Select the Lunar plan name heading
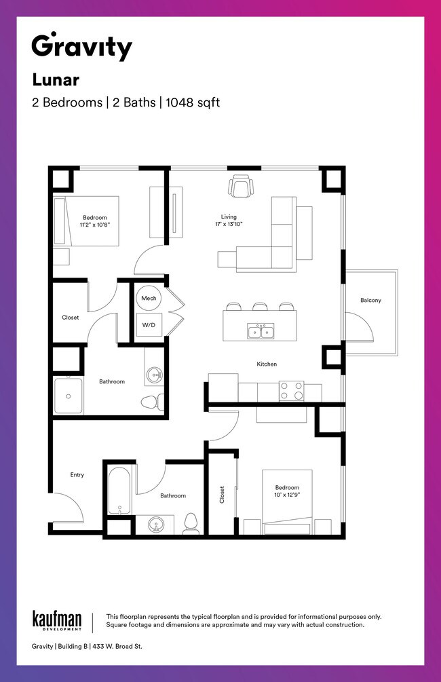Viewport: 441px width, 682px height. [x=56, y=80]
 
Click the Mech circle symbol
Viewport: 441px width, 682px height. [x=149, y=298]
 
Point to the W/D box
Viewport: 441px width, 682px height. [x=149, y=325]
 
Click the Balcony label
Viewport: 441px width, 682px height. [x=370, y=300]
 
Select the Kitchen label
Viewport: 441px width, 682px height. [x=267, y=364]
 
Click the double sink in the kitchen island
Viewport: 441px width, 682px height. [x=261, y=331]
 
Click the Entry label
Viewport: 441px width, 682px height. [x=77, y=475]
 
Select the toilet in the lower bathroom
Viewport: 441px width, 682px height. [x=191, y=523]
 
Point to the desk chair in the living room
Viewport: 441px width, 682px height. [x=241, y=185]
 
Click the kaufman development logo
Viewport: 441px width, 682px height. [x=57, y=620]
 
